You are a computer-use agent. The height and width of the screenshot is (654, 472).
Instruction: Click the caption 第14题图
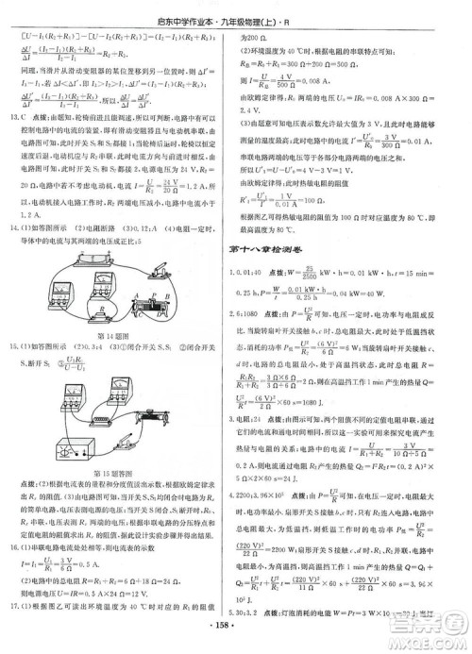[x=112, y=359]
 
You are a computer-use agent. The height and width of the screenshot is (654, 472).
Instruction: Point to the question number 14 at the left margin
[x=16, y=255]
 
